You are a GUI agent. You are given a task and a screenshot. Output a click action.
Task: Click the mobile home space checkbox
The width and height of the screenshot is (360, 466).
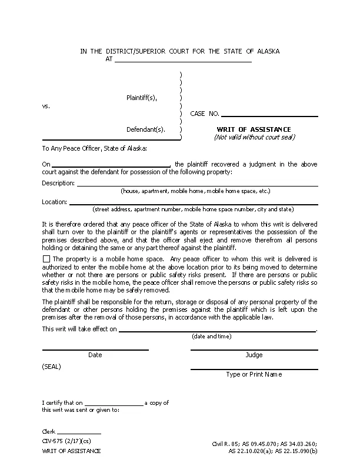46,259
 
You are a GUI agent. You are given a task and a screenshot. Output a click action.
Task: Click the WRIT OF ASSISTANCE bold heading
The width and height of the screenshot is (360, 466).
254,129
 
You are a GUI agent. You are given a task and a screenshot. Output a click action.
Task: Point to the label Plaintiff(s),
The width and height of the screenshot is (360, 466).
142,98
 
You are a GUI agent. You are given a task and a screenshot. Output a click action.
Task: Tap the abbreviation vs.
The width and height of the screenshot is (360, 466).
46,106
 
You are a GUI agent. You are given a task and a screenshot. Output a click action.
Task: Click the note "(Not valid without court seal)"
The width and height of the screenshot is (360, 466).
254,138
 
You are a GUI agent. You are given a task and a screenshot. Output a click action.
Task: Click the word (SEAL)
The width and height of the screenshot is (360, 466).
51,367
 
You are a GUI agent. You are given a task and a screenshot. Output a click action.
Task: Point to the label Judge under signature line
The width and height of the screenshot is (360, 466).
254,355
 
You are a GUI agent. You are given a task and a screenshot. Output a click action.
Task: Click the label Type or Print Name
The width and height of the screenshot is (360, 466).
254,375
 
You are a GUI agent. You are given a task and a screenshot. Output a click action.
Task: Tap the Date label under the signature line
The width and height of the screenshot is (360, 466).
95,355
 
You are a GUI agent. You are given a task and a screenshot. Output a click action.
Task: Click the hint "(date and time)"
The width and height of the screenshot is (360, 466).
211,337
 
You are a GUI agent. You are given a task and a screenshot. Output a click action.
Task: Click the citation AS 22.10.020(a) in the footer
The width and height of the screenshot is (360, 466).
250,451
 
